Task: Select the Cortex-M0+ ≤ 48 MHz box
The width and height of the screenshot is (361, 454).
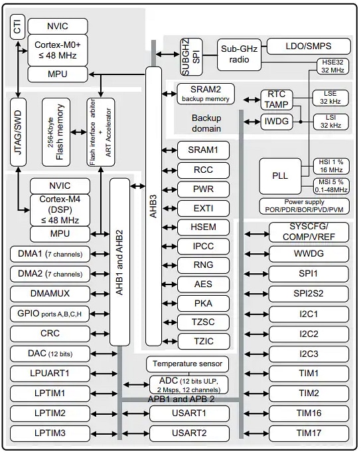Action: point(58,50)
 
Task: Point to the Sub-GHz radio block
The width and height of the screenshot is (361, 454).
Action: point(238,53)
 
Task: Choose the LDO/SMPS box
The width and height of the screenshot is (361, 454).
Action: point(308,46)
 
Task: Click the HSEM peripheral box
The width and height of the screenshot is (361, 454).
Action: point(203,227)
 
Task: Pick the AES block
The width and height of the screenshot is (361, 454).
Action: point(203,284)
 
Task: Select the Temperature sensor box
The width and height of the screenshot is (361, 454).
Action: point(188,364)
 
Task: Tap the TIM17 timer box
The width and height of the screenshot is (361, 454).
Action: point(309,433)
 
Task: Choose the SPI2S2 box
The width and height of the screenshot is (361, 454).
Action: point(309,293)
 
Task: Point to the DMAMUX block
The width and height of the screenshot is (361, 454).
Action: point(49,293)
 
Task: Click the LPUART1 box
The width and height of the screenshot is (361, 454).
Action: point(49,374)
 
